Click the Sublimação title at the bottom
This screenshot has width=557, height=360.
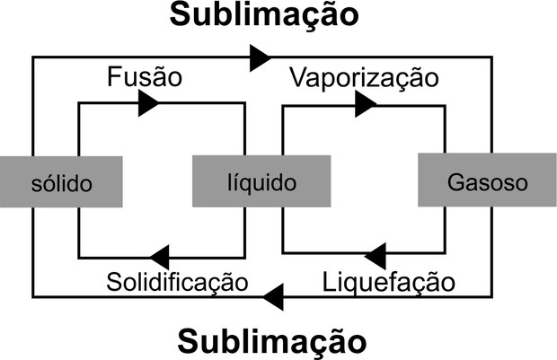point(272,342)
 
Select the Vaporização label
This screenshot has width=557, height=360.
point(364,78)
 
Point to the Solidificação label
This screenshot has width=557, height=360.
point(176,282)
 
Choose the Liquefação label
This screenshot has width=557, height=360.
point(388,282)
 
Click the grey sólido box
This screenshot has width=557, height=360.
point(60,183)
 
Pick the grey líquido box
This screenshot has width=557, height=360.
point(256,183)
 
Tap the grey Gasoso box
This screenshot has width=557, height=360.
point(486,183)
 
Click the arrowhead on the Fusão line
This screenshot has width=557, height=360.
point(148,104)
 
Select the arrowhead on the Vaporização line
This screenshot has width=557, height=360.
point(364,105)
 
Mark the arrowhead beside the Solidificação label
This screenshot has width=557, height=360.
point(161,256)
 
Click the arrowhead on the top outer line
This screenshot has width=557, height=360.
point(261,58)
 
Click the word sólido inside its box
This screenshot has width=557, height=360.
point(60,184)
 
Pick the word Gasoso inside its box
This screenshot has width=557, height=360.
point(486,183)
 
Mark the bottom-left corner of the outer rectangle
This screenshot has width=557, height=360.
point(33,295)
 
